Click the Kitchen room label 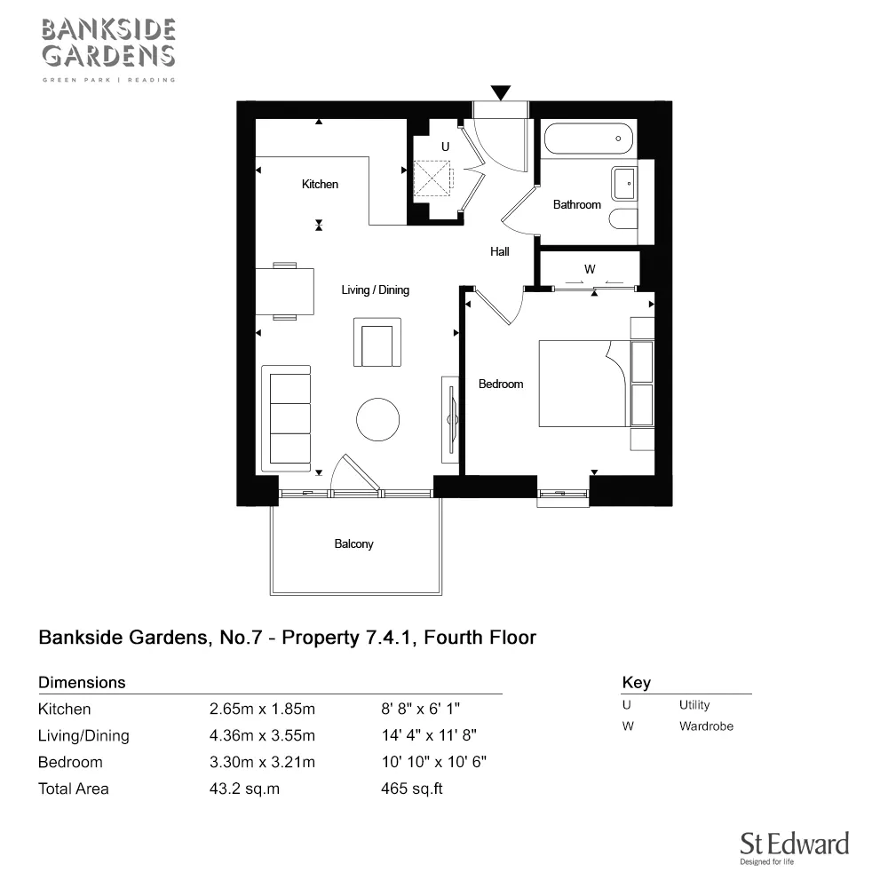tap(320, 184)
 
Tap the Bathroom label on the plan tap(576, 204)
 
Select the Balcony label tap(354, 543)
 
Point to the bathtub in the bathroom tap(589, 139)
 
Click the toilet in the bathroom tap(624, 219)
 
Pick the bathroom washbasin tap(624, 184)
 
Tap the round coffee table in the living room tap(377, 420)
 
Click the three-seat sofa tap(286, 418)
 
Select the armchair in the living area tap(377, 343)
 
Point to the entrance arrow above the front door tap(501, 92)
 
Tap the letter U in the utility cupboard tap(445, 147)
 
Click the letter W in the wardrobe tap(590, 269)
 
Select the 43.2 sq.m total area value tap(244, 789)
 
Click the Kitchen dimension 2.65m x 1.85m tap(262, 709)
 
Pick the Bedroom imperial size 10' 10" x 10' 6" tap(434, 762)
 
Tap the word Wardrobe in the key tap(706, 726)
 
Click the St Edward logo tap(795, 848)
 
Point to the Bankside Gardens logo tap(108, 50)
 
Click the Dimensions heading tap(82, 682)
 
